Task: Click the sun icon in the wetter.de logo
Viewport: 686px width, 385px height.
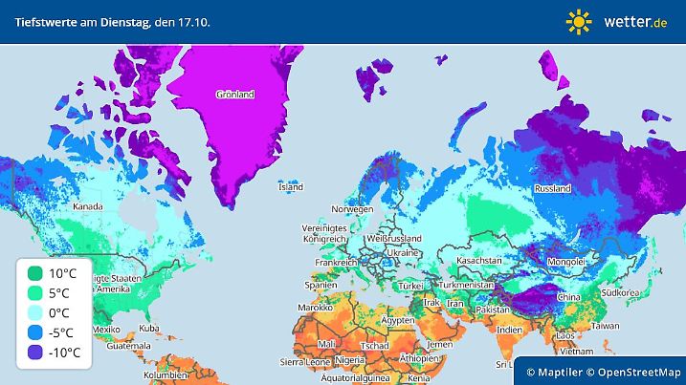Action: [x=579, y=21]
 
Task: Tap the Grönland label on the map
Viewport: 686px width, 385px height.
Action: [x=234, y=95]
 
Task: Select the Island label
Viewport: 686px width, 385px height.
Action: [x=291, y=187]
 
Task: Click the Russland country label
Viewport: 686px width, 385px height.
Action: [x=552, y=188]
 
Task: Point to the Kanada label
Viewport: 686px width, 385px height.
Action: [x=88, y=205]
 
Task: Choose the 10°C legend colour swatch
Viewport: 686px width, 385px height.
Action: [x=34, y=273]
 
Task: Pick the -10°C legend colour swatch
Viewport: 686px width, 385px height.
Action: [x=34, y=353]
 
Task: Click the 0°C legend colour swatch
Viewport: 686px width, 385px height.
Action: [x=34, y=313]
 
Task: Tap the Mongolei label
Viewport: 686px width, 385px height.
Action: [x=565, y=262]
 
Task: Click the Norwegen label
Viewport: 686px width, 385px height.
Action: [x=351, y=209]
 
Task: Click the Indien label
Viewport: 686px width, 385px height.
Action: [x=510, y=330]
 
